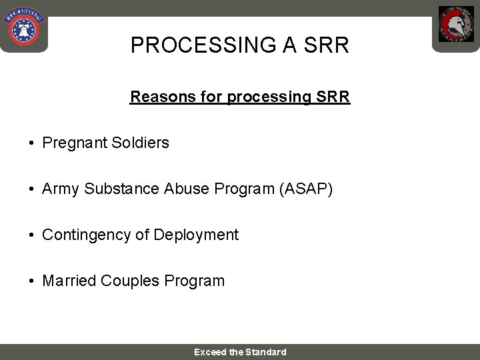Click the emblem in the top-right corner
point(456,25)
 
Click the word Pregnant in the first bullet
point(70,143)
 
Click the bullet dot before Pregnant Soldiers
point(32,143)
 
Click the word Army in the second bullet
point(61,189)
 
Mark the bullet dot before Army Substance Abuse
point(32,189)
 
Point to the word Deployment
point(196,235)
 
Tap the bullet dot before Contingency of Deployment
point(32,235)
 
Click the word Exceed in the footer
point(210,352)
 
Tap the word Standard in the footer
point(266,352)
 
